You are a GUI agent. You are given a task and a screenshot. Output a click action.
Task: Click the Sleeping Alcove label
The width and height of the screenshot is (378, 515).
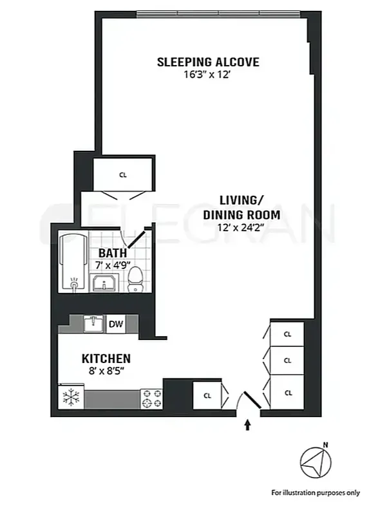click(x=208, y=62)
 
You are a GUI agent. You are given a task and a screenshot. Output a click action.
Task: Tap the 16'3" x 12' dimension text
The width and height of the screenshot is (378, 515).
click(x=208, y=75)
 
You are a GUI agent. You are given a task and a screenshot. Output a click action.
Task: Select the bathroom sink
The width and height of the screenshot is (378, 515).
click(x=103, y=283)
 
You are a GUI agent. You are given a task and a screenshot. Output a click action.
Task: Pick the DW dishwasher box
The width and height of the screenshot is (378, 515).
click(x=116, y=324)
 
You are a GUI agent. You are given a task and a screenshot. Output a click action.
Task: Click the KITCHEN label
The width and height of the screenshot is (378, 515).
click(x=106, y=358)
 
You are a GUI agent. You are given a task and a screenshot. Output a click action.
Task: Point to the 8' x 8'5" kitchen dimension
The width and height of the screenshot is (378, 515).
click(x=106, y=371)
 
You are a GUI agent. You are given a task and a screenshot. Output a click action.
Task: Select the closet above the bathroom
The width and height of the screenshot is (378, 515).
click(x=122, y=174)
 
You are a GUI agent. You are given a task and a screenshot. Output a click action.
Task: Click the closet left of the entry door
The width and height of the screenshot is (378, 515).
click(x=207, y=396)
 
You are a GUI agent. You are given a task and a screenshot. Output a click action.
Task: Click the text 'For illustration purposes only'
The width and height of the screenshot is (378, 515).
click(x=315, y=492)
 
